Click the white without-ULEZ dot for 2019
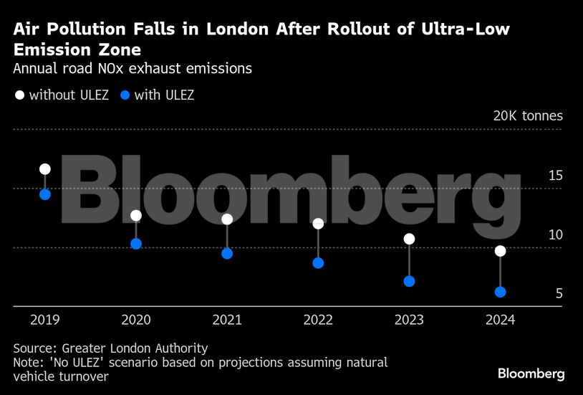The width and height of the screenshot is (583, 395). coord(45,169)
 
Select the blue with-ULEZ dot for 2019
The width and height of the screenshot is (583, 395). coord(45,194)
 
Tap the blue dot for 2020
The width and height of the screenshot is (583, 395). coord(136,244)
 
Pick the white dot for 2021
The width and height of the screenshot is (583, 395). coord(227,219)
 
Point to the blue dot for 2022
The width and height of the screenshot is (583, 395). coord(318,263)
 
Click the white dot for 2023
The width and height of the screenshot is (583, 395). coord(409,239)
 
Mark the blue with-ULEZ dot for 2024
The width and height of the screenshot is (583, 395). coord(500,292)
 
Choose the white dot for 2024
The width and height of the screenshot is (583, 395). coord(500,251)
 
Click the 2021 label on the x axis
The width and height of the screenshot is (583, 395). coord(227,320)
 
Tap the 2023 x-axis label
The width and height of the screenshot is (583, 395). coord(409,320)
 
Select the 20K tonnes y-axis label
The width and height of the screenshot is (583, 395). coord(527,116)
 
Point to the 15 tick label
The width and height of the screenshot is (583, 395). coord(555,176)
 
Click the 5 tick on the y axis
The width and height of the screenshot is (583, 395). coord(559,293)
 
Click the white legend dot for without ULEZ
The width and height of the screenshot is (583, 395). coord(19,95)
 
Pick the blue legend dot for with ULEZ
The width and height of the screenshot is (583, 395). coord(125,95)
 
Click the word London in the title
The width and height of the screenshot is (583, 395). coord(233,29)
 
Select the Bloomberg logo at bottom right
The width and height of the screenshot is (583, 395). coord(531,373)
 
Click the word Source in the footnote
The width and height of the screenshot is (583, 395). coord(33,348)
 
